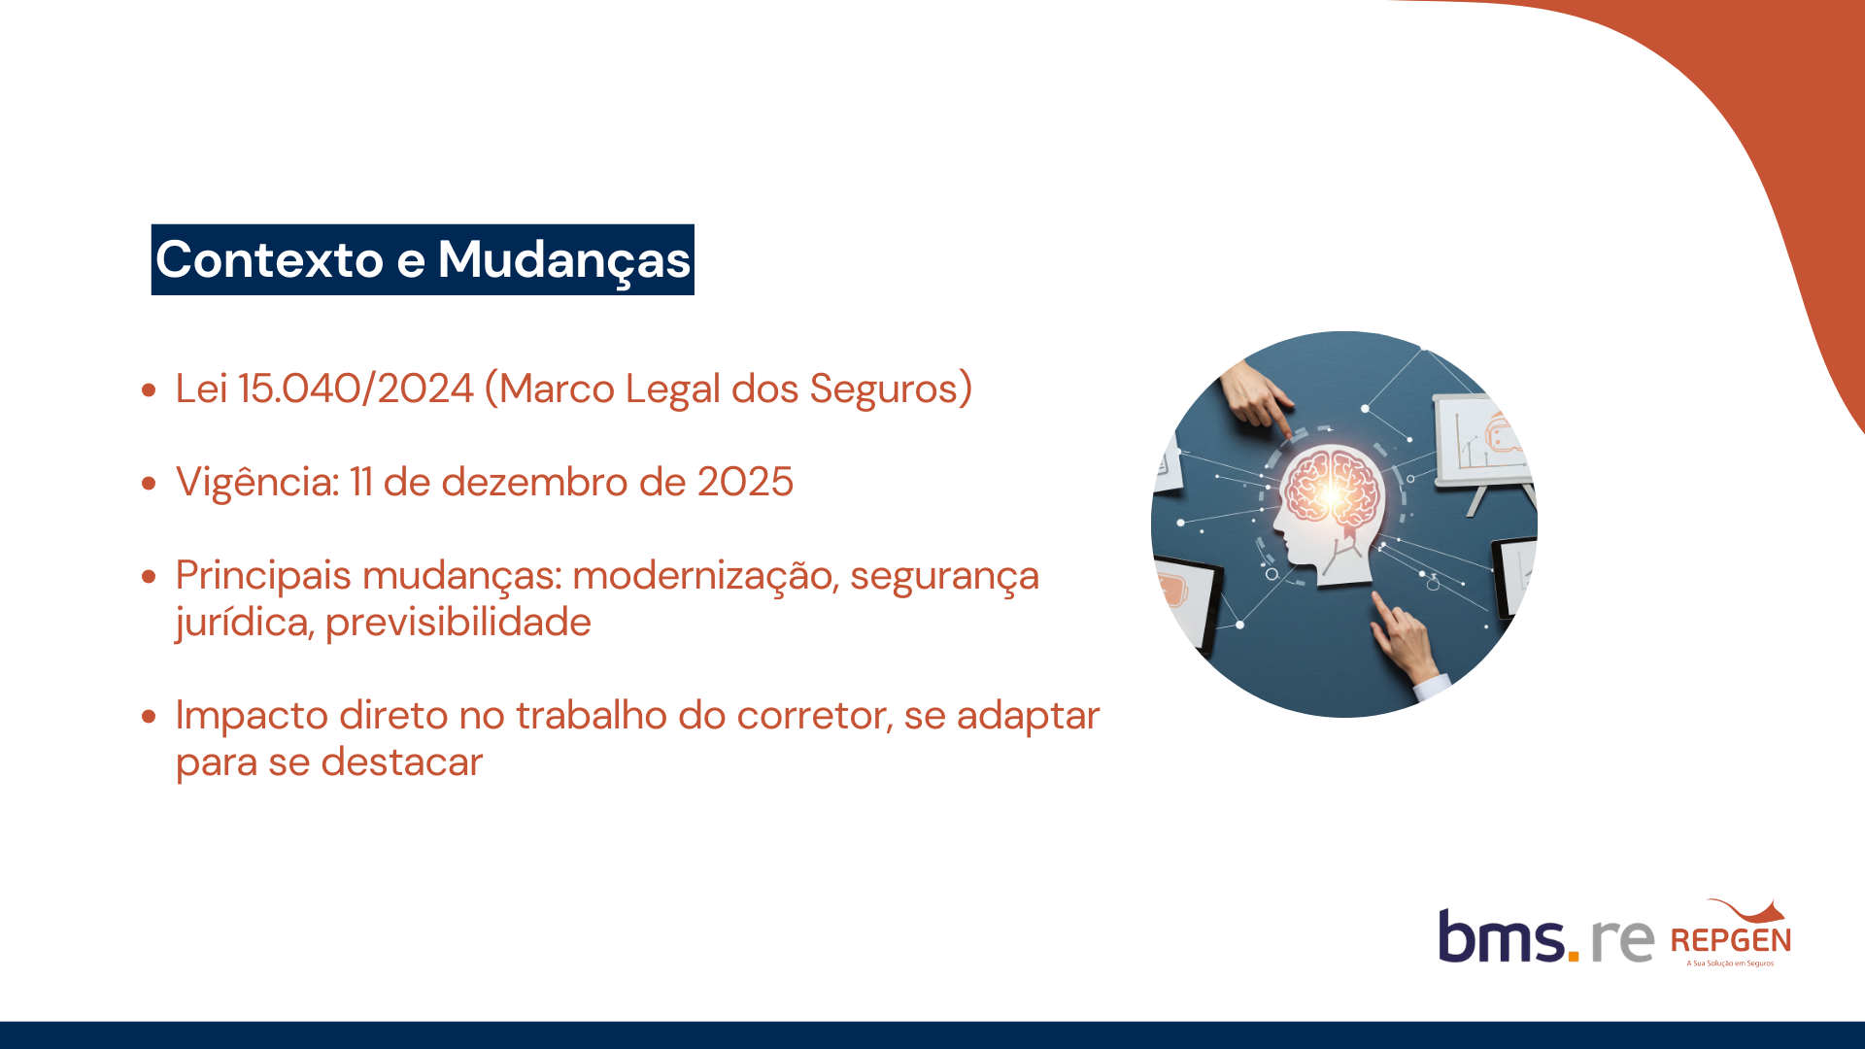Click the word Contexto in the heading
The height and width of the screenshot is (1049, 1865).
point(270,259)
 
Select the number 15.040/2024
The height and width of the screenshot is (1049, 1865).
point(356,389)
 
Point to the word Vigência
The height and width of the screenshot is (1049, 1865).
point(257,483)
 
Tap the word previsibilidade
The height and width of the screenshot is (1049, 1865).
point(458,623)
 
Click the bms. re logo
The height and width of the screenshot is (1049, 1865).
point(1545,935)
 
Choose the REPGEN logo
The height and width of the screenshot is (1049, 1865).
point(1731,933)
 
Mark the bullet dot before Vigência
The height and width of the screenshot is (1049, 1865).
point(149,483)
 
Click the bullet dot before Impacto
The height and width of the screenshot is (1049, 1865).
point(149,717)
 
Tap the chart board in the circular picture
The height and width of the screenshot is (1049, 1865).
point(1481,442)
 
